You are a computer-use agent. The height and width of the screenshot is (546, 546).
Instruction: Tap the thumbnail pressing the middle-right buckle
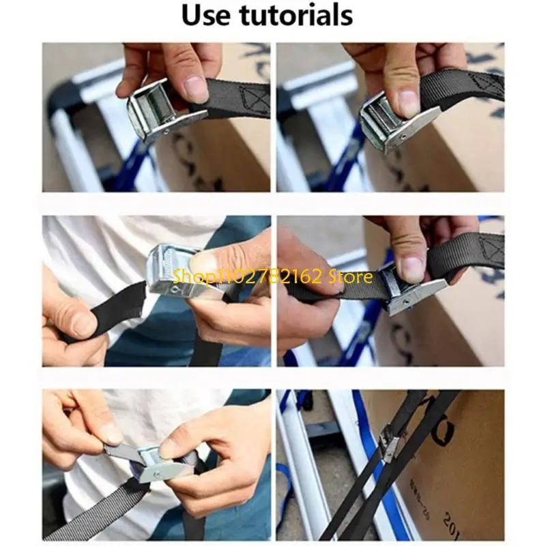[x=410, y=268]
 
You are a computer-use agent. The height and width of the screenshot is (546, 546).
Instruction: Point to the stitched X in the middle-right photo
[x=490, y=247]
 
